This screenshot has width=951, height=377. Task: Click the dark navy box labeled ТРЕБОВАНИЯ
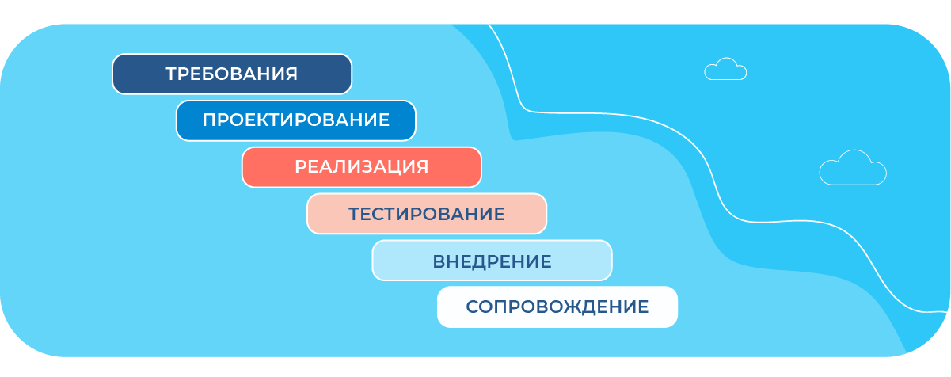point(232,74)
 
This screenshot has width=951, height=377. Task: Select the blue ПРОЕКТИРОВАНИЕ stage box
point(296,120)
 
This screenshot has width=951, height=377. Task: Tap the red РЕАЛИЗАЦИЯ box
point(362,167)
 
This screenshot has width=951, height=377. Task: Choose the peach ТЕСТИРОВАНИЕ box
point(427,214)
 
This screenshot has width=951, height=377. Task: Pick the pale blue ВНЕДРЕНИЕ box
point(492,261)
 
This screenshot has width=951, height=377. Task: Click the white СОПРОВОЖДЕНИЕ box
point(557,307)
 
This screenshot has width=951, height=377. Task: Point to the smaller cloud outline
point(725,69)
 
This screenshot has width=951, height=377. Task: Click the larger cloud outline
point(853,168)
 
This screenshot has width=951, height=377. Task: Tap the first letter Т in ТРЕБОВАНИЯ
point(173,74)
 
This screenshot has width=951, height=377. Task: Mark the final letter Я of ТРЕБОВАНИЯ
point(291,74)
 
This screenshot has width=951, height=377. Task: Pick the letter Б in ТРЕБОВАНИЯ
point(210,74)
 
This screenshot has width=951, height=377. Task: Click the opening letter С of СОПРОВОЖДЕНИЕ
point(473,307)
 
